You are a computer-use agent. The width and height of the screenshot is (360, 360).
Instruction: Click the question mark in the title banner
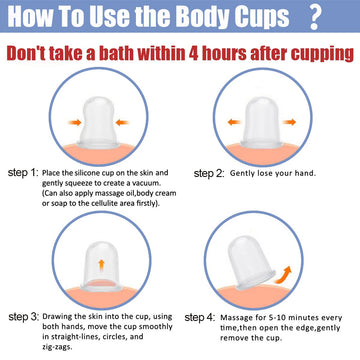pyautogui.click(x=315, y=16)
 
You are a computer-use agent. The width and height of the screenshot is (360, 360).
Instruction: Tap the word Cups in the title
pyautogui.click(x=257, y=16)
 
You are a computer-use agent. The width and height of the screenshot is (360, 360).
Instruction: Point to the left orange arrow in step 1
pyautogui.click(x=75, y=122)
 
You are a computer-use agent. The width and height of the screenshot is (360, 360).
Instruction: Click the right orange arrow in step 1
pyautogui.click(x=122, y=122)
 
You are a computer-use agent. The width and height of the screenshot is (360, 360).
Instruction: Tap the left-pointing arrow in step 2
pyautogui.click(x=234, y=122)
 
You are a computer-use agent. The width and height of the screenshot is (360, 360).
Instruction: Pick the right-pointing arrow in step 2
pyautogui.click(x=289, y=122)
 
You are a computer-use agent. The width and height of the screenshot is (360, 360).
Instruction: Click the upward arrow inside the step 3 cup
pyautogui.click(x=102, y=265)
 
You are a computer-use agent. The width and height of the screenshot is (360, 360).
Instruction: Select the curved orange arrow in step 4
pyautogui.click(x=284, y=275)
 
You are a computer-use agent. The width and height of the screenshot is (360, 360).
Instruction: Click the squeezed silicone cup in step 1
pyautogui.click(x=98, y=122)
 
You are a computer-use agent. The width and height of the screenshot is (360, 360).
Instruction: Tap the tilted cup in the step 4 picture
pyautogui.click(x=251, y=263)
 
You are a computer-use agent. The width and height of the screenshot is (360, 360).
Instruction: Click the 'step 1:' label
pyautogui.click(x=23, y=173)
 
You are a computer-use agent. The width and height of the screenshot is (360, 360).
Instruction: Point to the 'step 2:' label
pyautogui.click(x=209, y=174)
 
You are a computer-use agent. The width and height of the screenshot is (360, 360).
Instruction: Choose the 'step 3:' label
pyautogui.click(x=24, y=317)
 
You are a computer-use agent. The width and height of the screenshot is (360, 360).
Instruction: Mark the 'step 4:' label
pyautogui.click(x=200, y=318)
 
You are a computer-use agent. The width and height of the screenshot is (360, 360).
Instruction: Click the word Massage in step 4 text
pyautogui.click(x=233, y=317)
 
